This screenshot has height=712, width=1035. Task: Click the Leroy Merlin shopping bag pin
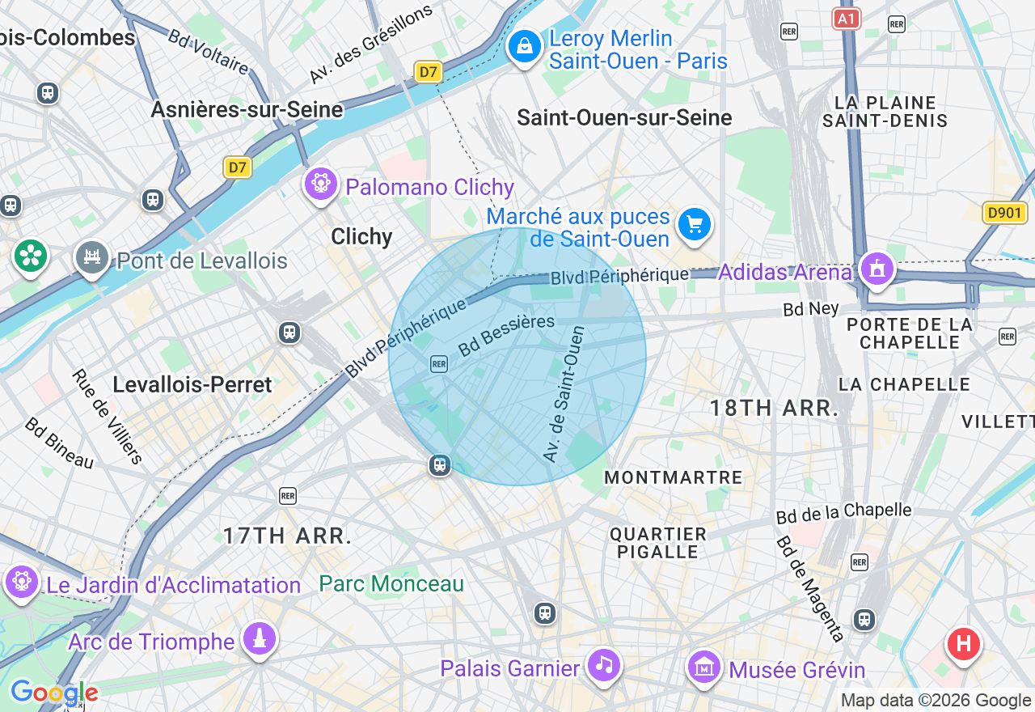pos(525,46)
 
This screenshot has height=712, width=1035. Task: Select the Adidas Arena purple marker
pos(877,269)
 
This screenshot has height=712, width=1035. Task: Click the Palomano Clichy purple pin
pos(321,184)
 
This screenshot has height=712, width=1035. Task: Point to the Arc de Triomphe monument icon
pos(259,640)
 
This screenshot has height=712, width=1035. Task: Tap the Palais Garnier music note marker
pos(603,665)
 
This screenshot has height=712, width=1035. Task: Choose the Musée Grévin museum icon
pos(704,667)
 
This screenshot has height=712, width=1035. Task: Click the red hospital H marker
pos(963,644)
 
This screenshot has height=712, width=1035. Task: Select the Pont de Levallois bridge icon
pos(92,258)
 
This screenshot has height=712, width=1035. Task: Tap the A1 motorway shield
pos(846,19)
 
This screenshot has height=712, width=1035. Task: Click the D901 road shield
pos(1005,213)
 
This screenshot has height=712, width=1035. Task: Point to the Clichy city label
pos(361,236)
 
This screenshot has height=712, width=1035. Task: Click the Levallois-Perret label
pos(192,384)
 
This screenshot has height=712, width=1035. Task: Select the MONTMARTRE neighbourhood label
pos(673,477)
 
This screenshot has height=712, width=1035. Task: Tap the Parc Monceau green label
pos(391,583)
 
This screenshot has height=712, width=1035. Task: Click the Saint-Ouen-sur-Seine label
pos(624,117)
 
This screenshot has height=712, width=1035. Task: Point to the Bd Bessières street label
pos(506,335)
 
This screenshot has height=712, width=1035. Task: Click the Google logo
pos(53,693)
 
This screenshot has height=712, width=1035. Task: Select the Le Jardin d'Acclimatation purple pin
pos(21,582)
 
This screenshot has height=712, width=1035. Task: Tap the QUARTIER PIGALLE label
pos(658,543)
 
